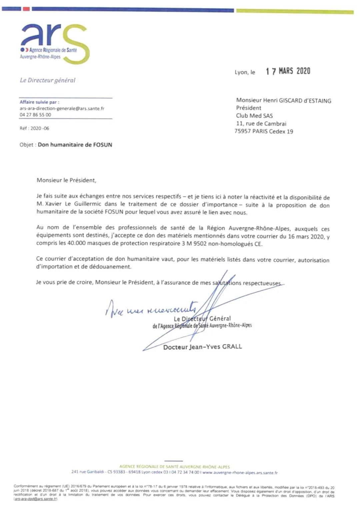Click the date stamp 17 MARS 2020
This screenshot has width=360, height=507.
tap(288, 71)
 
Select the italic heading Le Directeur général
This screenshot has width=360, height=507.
tap(48, 80)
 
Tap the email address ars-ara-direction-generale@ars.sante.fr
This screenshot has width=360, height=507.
tap(62, 108)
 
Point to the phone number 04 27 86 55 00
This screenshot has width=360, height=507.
tap(35, 115)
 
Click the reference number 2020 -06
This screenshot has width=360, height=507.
tap(40, 128)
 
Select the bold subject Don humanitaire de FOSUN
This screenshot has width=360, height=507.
tap(75, 145)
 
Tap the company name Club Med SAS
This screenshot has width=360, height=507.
tap(254, 116)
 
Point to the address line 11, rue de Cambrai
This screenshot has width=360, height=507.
tap(261, 124)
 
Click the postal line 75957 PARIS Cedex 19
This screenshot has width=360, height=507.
tap(264, 131)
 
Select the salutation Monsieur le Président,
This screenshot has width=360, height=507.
tap(66, 180)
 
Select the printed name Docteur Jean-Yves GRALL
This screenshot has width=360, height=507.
tap(203, 347)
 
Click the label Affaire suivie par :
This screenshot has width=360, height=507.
tap(39, 102)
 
